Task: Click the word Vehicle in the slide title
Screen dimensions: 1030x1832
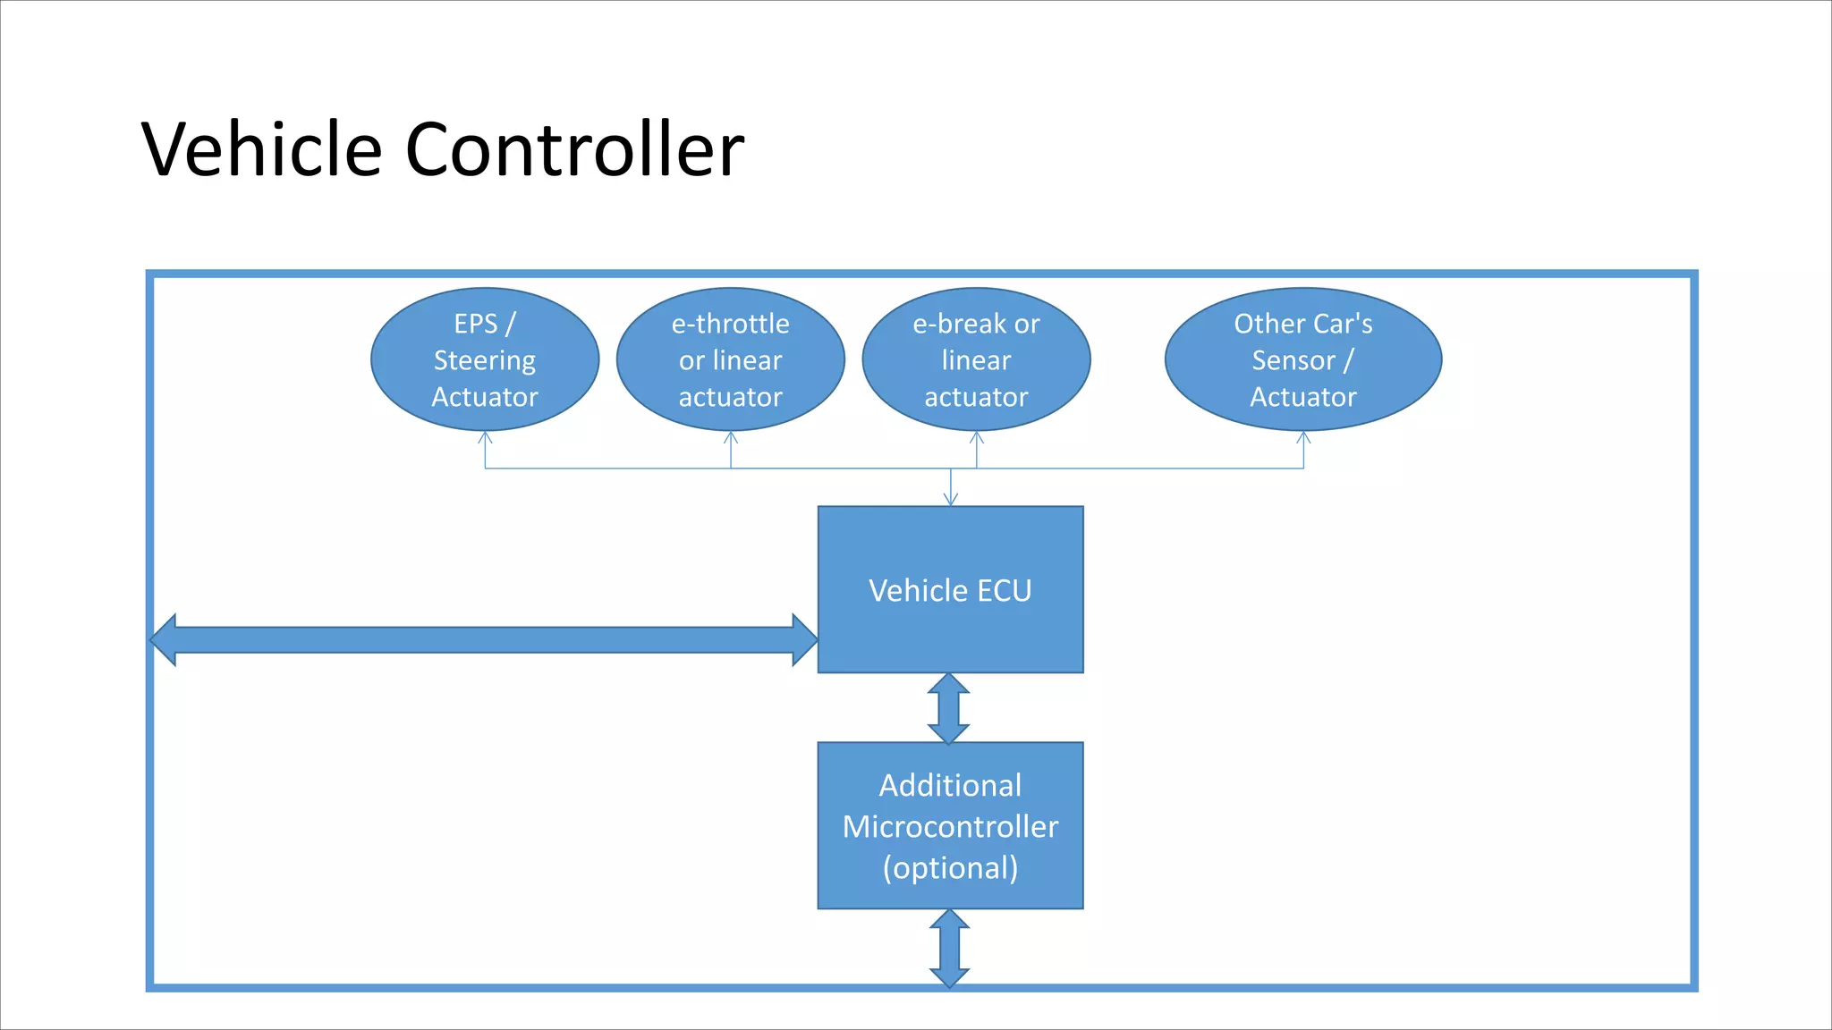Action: [x=262, y=149]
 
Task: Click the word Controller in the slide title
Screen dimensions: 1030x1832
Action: [x=574, y=149]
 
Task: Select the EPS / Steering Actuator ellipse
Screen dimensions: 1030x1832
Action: [x=485, y=359]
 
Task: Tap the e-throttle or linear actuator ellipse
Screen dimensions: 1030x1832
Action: [x=731, y=359]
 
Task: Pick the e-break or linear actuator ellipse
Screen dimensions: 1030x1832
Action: [x=976, y=359]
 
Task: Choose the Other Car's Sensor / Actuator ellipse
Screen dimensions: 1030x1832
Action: [x=1303, y=359]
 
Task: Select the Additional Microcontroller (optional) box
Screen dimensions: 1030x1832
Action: [x=950, y=826]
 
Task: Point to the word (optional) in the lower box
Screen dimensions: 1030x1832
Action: [x=950, y=868]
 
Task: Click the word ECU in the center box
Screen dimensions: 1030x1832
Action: [x=1004, y=591]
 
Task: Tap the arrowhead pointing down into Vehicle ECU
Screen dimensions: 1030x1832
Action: [x=951, y=500]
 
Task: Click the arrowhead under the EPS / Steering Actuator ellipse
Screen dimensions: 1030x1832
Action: [x=485, y=437]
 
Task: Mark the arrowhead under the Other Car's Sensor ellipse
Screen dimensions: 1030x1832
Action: [x=1303, y=437]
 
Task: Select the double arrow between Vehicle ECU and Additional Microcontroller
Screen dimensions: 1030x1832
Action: [x=949, y=708]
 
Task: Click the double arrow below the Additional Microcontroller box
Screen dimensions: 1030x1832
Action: [x=949, y=948]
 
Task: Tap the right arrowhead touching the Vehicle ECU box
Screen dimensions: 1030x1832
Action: [x=804, y=639]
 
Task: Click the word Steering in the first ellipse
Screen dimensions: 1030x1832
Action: [x=485, y=360]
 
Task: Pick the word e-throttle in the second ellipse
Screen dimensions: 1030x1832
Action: [x=731, y=324]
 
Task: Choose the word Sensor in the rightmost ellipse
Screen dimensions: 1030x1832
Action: [x=1293, y=360]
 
